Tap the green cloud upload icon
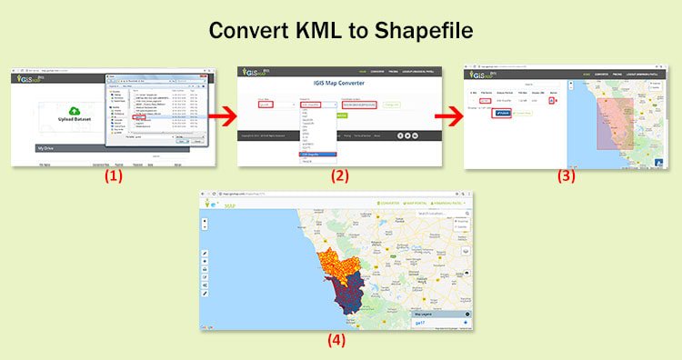(x=75, y=111)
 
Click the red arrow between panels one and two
(x=223, y=116)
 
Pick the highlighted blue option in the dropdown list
(x=311, y=155)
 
